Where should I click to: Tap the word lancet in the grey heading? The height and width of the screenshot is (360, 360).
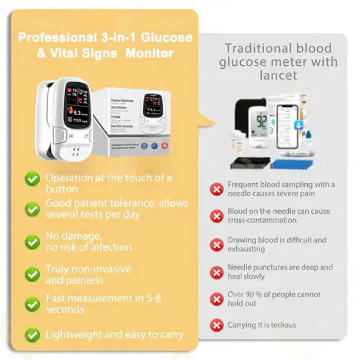[x=279, y=75]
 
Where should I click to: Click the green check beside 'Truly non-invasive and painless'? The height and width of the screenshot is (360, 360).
[x=32, y=274]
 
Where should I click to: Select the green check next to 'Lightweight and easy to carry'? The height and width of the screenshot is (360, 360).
[x=32, y=335]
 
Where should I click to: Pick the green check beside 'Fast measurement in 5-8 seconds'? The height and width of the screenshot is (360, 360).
[x=32, y=304]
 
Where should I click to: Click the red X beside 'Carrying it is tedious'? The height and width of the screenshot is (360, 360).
[x=217, y=324]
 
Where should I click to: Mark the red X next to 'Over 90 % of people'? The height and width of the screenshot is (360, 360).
[x=217, y=298]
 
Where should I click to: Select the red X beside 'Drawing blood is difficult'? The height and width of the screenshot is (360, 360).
[x=217, y=244]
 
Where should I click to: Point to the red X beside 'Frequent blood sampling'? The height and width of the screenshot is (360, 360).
[x=217, y=189]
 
